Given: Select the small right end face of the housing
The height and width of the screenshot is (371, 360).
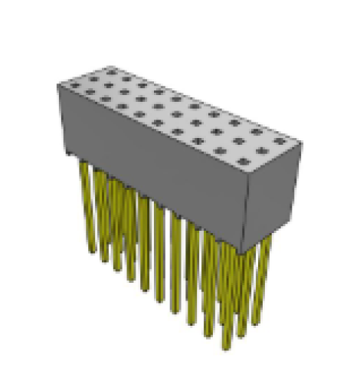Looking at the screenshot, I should [x=272, y=195].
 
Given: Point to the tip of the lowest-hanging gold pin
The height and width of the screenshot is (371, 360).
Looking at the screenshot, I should [x=227, y=348].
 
